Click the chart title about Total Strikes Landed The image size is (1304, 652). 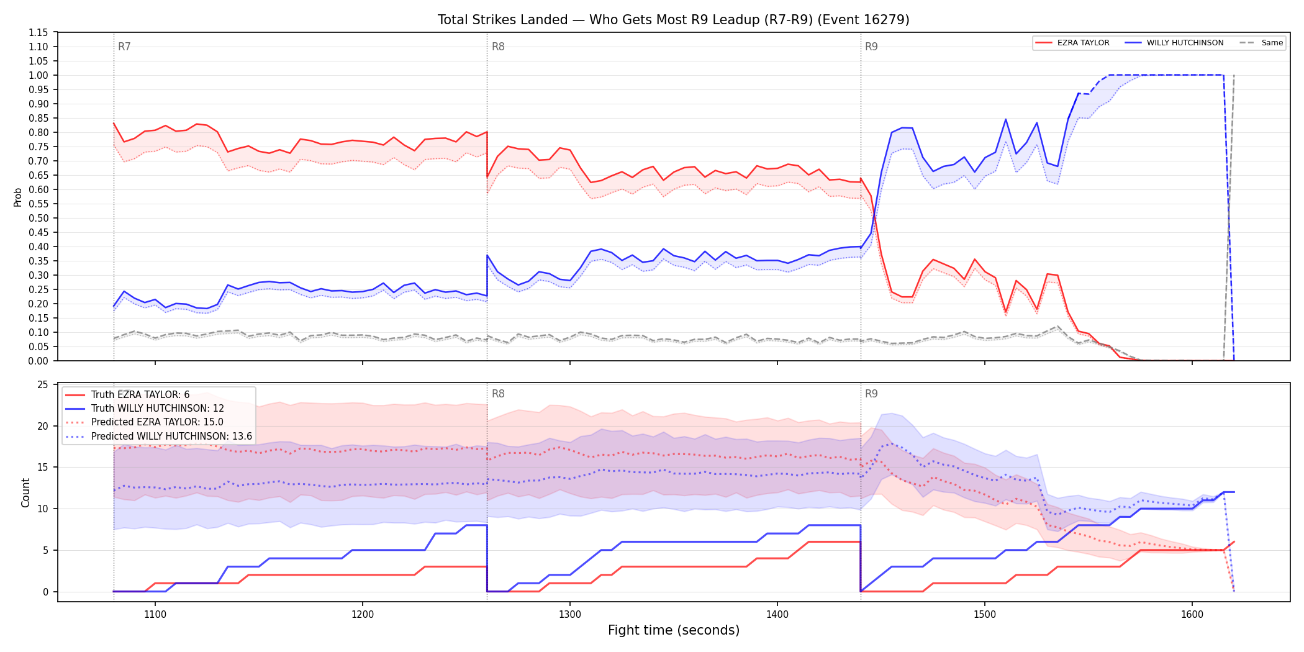[x=673, y=20]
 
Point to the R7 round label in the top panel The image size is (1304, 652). [x=124, y=47]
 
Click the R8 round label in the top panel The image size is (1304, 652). [x=498, y=47]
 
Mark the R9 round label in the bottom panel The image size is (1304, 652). [x=871, y=394]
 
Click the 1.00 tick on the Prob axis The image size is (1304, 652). [x=38, y=75]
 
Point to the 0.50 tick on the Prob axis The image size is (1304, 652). [x=38, y=218]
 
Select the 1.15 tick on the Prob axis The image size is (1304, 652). [x=38, y=32]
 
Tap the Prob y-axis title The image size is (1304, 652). [x=17, y=197]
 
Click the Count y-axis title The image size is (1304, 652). [x=25, y=492]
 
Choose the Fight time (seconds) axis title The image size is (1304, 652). [x=674, y=630]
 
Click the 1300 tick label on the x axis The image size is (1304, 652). [x=570, y=615]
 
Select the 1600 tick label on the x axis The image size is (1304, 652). [x=1192, y=615]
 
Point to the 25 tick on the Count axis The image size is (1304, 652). [x=43, y=385]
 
